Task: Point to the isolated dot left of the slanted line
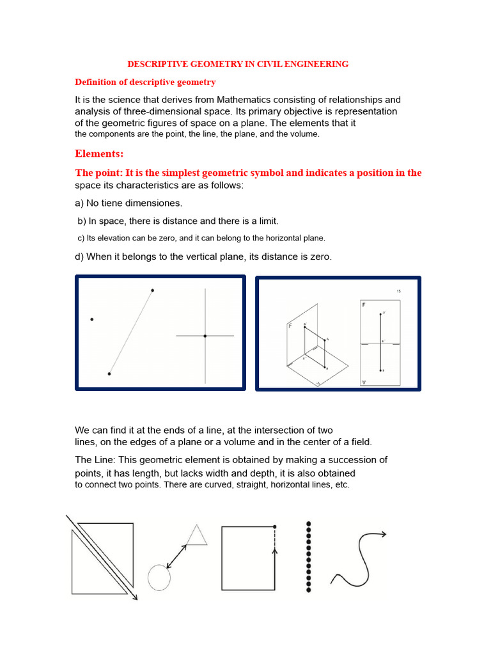tap(92, 319)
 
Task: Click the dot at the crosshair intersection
tap(205, 336)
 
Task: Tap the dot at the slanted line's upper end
tap(152, 290)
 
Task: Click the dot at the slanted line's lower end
tap(109, 374)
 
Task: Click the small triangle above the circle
tap(197, 535)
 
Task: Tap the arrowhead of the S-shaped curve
tap(383, 533)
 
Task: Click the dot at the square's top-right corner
tap(274, 526)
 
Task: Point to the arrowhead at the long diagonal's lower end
tap(136, 597)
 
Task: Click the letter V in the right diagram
tap(364, 383)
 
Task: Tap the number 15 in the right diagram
tap(398, 291)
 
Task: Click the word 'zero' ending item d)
tap(320, 256)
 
